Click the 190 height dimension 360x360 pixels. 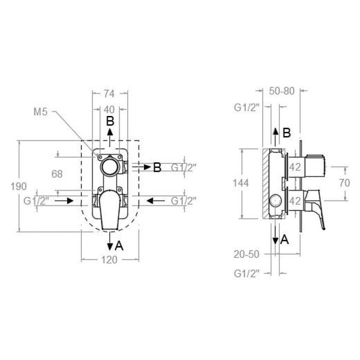pos(19,186)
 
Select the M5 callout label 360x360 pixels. pos(40,112)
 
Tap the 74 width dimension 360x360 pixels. pos(109,93)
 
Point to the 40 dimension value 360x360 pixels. pos(109,110)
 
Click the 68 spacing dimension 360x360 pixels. pos(57,174)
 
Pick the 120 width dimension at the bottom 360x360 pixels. pos(109,260)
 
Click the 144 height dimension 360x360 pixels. pos(241,183)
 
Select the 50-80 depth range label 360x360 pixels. pos(282,91)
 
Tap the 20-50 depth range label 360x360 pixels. pos(246,254)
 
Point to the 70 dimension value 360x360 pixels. pos(344,183)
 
